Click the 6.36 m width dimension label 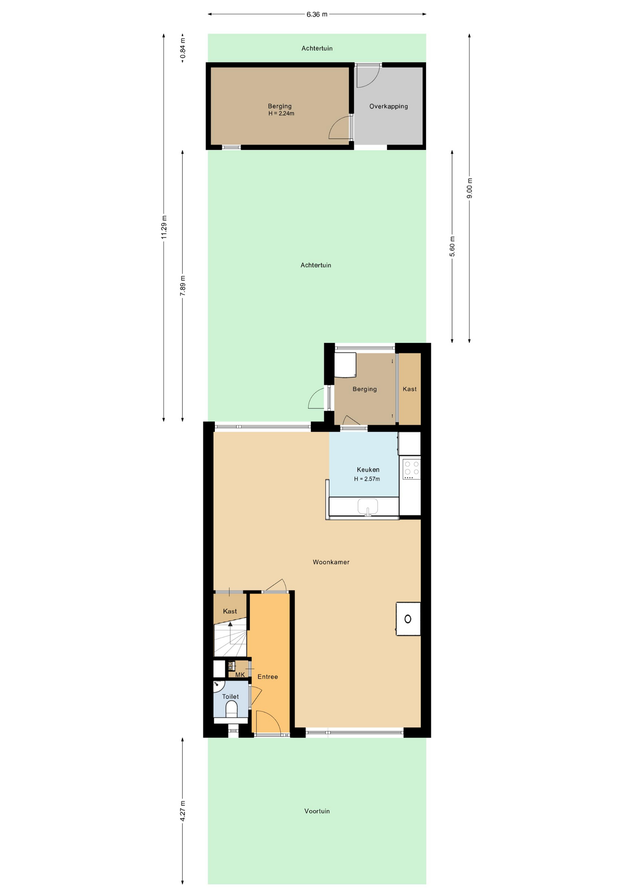[317, 14]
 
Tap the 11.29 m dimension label [164, 227]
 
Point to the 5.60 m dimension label [452, 246]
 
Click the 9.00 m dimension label [469, 188]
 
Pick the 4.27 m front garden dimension [183, 811]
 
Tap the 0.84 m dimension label [183, 48]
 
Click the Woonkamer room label [331, 562]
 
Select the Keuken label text [368, 469]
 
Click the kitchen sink [368, 507]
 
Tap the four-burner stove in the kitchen [411, 469]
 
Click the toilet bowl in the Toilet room [232, 709]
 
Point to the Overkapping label [389, 106]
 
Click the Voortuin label [317, 811]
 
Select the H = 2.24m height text [281, 113]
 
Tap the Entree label [268, 677]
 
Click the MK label [240, 675]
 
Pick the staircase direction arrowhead [230, 624]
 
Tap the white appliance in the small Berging [345, 365]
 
